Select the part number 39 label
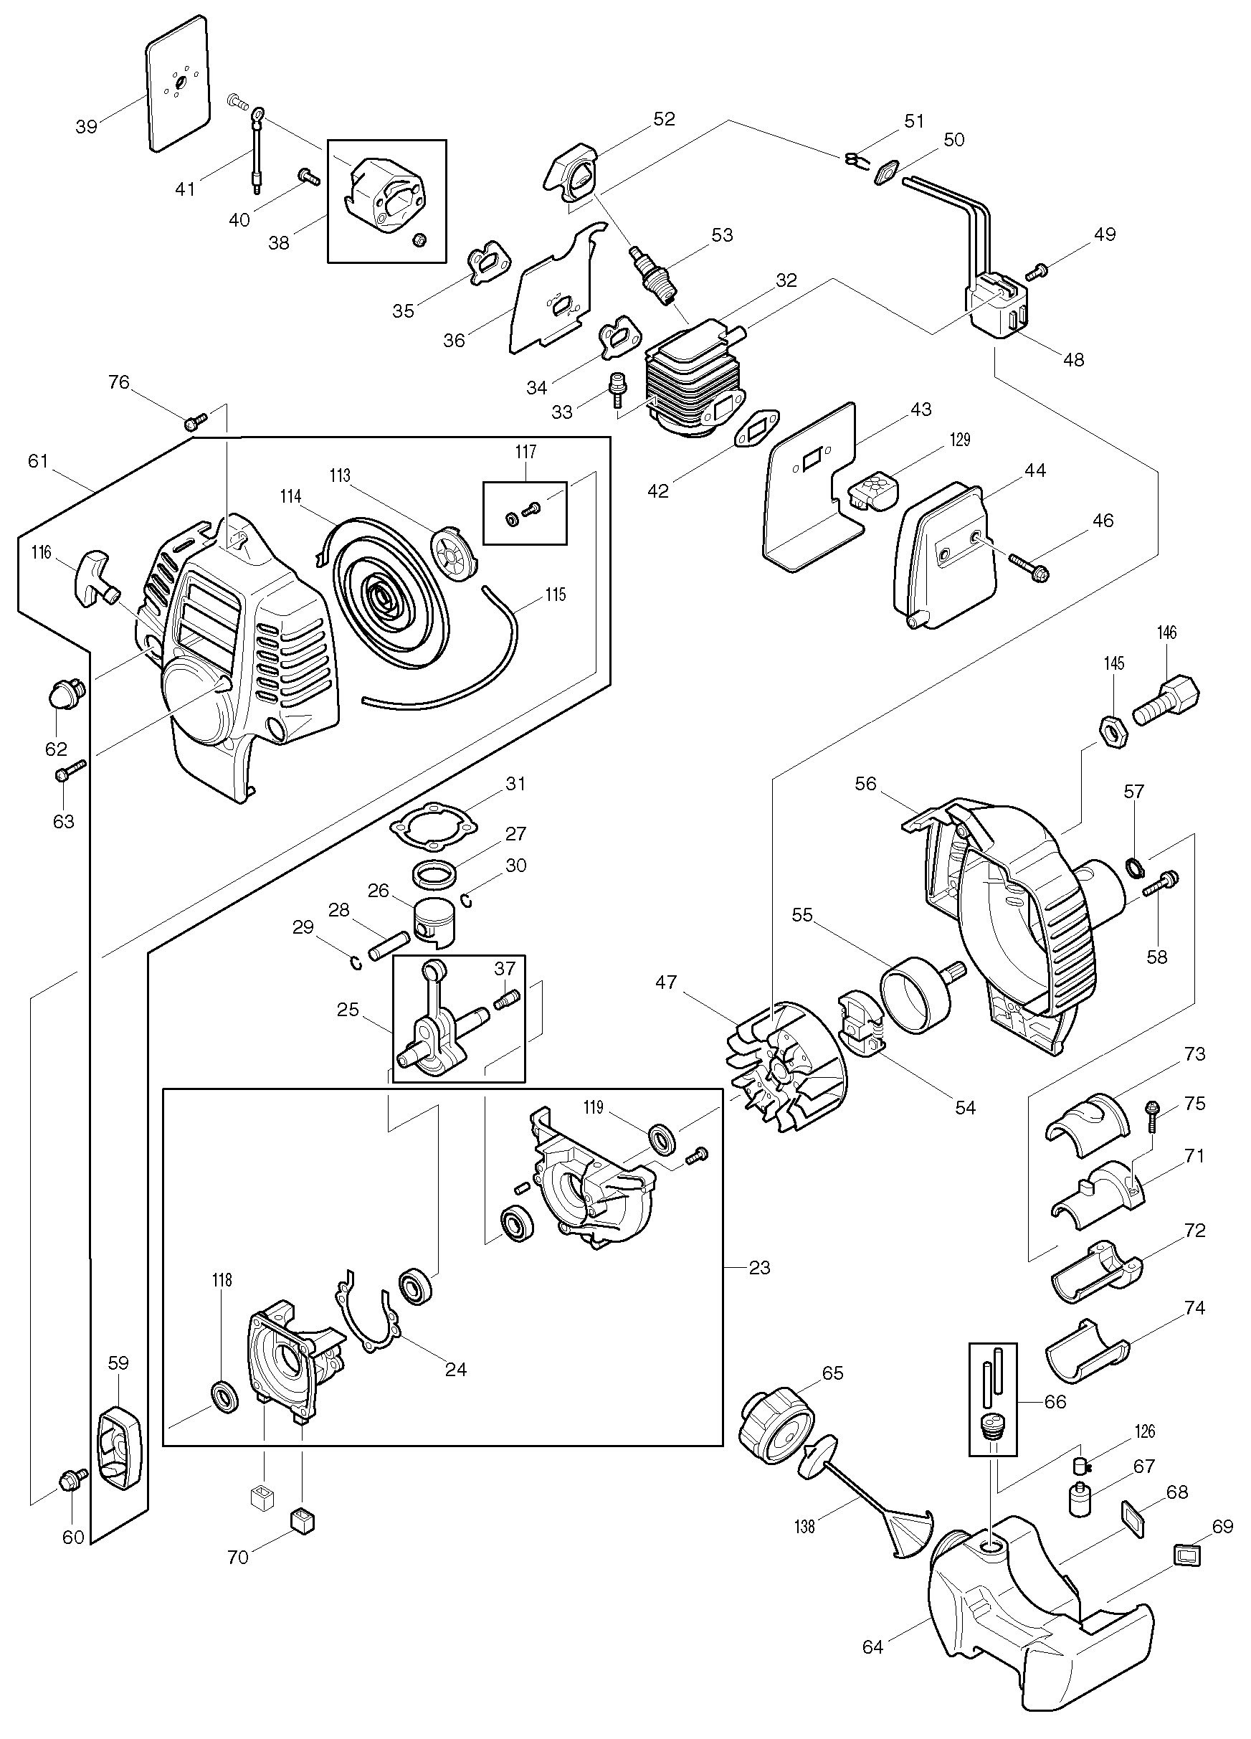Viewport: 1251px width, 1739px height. pos(87,125)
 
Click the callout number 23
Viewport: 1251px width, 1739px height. pos(759,1267)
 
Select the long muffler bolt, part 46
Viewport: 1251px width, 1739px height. pos(1028,567)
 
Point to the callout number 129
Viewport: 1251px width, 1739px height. pos(959,440)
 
